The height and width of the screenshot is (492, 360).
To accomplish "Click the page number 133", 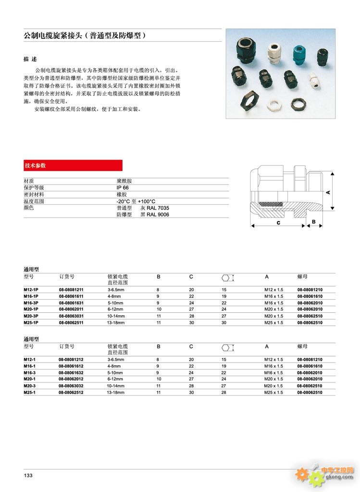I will pyautogui.click(x=28, y=475).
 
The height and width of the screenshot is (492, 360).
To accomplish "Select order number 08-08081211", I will pyautogui.click(x=71, y=290).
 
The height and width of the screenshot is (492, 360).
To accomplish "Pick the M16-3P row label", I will pyautogui.click(x=31, y=303).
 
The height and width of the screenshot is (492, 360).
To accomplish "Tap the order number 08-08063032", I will pyautogui.click(x=71, y=386).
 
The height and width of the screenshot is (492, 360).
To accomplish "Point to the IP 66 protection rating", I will pyautogui.click(x=123, y=188).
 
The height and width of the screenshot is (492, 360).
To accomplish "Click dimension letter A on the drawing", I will pyautogui.click(x=328, y=192).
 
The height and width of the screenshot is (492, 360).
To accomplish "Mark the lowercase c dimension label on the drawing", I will pyautogui.click(x=278, y=223).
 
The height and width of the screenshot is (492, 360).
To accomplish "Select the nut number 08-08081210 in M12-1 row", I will pyautogui.click(x=310, y=359).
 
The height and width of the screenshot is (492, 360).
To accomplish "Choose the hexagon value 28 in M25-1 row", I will pyautogui.click(x=224, y=393).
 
